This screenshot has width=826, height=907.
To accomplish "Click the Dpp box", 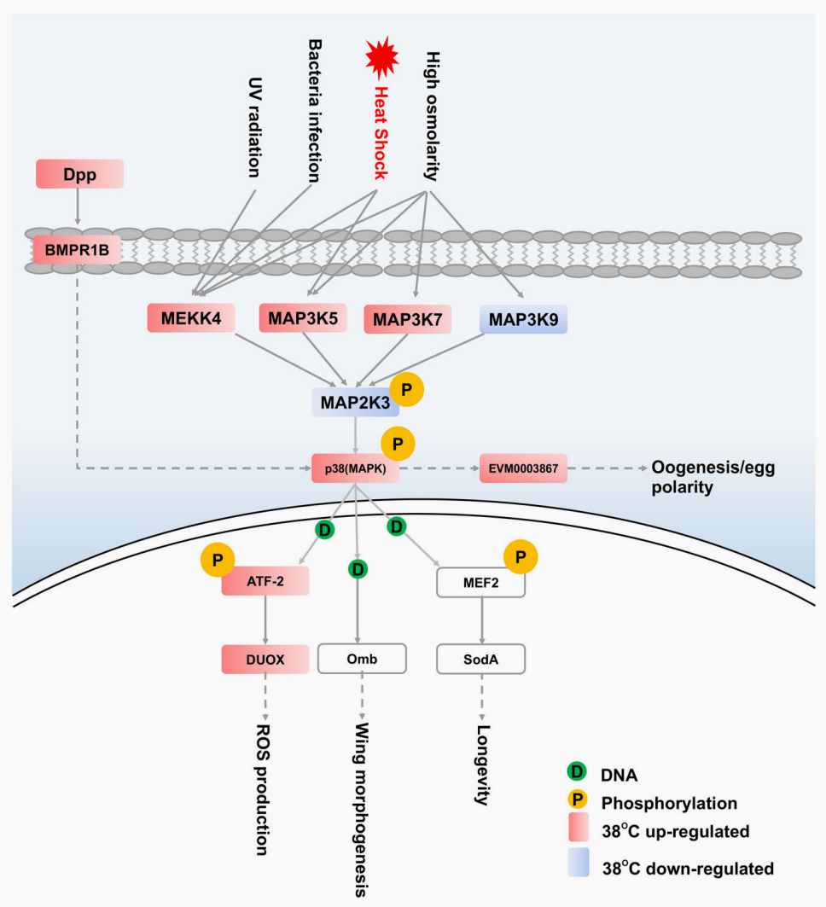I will [79, 174].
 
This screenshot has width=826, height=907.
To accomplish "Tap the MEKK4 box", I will [190, 318].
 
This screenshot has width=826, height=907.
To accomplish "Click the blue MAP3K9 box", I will [523, 319].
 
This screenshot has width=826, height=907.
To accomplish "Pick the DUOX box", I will [265, 659].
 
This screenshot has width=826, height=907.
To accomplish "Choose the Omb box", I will [362, 659].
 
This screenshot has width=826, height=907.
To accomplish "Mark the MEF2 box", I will [480, 583].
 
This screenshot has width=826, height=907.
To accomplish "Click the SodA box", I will [480, 659].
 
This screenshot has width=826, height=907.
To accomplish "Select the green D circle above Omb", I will [359, 567].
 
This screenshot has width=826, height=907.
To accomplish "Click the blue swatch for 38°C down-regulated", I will [578, 864].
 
